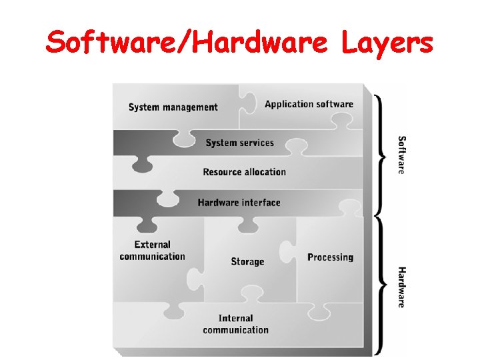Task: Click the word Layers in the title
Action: click(x=387, y=44)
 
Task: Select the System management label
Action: click(x=173, y=107)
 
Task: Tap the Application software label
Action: click(x=309, y=104)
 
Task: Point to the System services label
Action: click(x=239, y=143)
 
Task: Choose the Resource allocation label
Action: click(x=244, y=172)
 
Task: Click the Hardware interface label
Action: click(x=239, y=203)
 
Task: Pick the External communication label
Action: click(x=152, y=251)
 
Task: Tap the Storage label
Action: click(x=247, y=261)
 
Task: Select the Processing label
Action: click(x=330, y=257)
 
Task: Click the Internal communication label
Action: click(x=235, y=324)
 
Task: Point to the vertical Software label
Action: click(x=401, y=155)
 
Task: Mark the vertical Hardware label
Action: click(x=401, y=287)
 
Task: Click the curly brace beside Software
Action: click(x=380, y=155)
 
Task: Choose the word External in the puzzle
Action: click(x=152, y=245)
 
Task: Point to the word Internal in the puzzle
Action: click(x=235, y=318)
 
